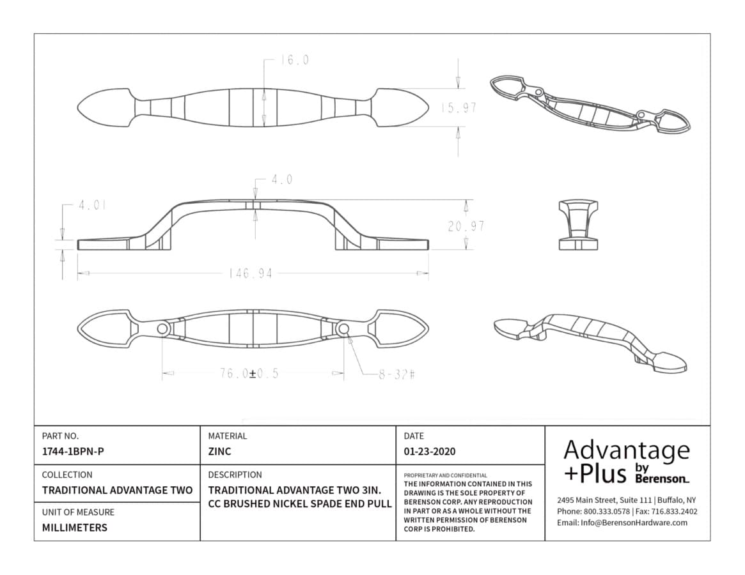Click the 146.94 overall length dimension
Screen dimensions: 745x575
[251, 274]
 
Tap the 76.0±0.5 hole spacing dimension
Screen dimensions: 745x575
[249, 374]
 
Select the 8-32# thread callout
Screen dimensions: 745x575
[396, 374]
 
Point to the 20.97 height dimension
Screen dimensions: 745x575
[466, 227]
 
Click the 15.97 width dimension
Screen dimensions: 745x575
[459, 108]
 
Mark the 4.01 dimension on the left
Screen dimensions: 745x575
[92, 205]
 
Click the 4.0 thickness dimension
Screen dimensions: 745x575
[282, 180]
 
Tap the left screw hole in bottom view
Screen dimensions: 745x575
[162, 328]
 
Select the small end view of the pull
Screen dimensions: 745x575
[577, 225]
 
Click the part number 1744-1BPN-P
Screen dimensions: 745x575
[73, 452]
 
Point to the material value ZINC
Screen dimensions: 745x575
[219, 452]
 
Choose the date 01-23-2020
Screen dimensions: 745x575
[430, 452]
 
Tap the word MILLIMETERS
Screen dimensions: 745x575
[75, 528]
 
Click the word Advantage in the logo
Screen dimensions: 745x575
[626, 451]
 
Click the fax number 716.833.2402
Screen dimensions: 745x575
[674, 511]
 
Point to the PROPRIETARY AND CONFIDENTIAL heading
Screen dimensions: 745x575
[445, 475]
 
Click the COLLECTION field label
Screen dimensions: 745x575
[67, 475]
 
